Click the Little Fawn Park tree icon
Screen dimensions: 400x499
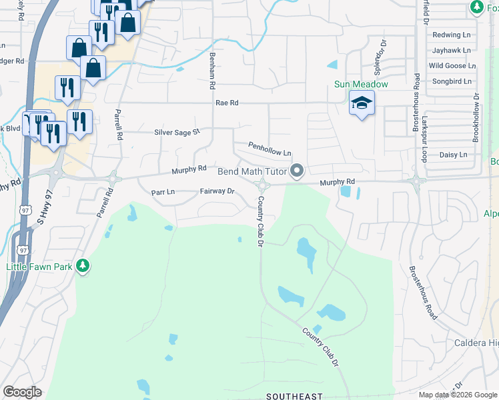[82, 266]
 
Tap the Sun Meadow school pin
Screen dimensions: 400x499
[362, 103]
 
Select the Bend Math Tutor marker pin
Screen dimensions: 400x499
[296, 172]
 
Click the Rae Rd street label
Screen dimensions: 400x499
[227, 103]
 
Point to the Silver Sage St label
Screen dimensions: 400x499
[177, 132]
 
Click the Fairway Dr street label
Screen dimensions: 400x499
[217, 191]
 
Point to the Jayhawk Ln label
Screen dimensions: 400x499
[451, 50]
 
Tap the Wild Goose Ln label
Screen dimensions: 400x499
[452, 66]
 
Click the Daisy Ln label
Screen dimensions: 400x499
[453, 155]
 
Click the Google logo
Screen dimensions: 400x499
[23, 392]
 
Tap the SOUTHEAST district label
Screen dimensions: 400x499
[294, 396]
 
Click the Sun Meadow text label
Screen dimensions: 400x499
[361, 85]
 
